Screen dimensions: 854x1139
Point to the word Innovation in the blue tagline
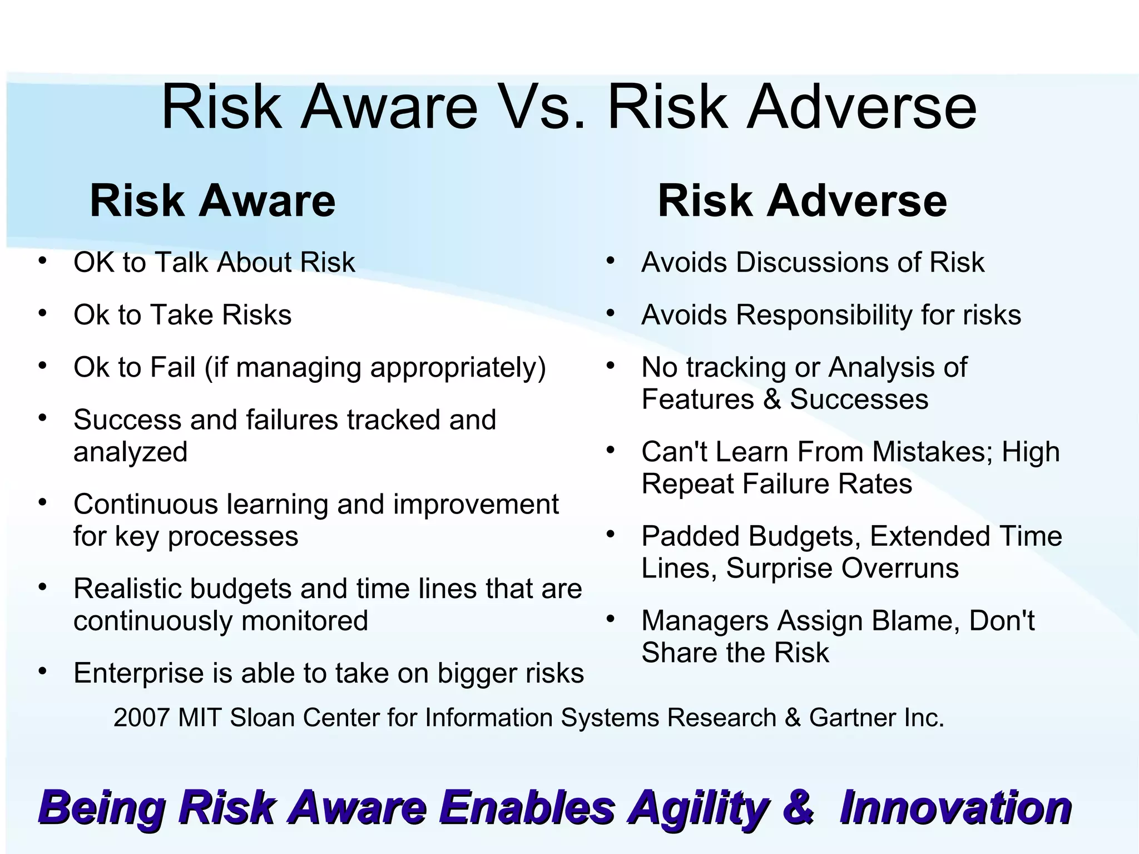(955, 808)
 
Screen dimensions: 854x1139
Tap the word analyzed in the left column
(131, 452)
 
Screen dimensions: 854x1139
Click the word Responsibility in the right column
(824, 315)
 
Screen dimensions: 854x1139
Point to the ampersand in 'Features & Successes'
(772, 399)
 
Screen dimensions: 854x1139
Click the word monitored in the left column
(305, 621)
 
